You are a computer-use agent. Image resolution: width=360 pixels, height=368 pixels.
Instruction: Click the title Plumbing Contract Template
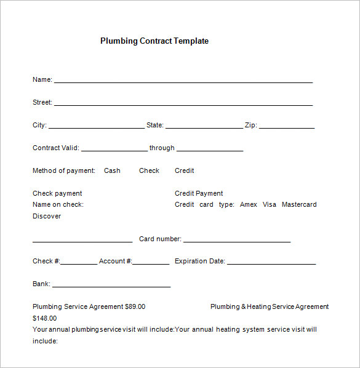[x=154, y=41]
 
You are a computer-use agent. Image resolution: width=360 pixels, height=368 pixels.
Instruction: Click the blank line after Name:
[x=183, y=80]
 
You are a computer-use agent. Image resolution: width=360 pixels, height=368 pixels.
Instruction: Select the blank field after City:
[x=96, y=126]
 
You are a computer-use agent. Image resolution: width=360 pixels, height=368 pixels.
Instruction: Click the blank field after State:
[x=204, y=126]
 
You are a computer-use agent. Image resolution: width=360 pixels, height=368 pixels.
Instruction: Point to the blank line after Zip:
[x=287, y=126]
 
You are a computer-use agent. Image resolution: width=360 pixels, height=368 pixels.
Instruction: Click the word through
[x=162, y=148]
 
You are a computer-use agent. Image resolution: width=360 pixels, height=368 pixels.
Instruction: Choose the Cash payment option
[x=112, y=171]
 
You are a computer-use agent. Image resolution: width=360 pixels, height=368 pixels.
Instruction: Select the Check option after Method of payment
[x=149, y=171]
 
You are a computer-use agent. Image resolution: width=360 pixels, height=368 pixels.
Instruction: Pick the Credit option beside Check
[x=184, y=171]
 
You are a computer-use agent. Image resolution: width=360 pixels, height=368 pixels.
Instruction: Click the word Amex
[x=249, y=204]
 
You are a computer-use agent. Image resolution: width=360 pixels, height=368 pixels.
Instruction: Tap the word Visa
[x=270, y=204]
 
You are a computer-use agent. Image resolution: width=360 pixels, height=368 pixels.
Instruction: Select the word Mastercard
[x=299, y=204]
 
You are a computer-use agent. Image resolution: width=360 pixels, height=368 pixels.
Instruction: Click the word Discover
[x=47, y=216]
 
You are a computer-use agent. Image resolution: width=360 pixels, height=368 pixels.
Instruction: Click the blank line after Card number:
[x=236, y=240]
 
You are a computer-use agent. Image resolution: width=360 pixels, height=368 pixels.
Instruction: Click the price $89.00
[x=135, y=306]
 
